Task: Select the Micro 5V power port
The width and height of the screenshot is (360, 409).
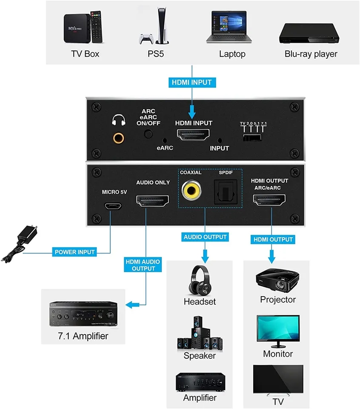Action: tap(114, 206)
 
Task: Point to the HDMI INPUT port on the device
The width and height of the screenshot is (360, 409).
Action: tap(194, 135)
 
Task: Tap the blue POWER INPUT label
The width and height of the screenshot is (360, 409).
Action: tap(75, 252)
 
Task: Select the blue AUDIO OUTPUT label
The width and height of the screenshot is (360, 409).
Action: tap(205, 236)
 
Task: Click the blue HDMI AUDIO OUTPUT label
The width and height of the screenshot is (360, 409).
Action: tap(140, 265)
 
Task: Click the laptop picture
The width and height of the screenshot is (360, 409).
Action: tap(229, 27)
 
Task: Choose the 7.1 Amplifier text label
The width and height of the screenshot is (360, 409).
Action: tap(83, 336)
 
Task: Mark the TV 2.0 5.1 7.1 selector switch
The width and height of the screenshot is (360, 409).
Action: tap(251, 137)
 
